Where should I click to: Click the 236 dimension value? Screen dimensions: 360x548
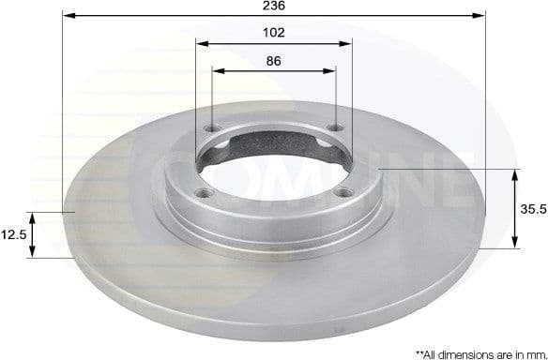point(274,6)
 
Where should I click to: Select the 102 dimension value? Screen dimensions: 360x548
point(274,32)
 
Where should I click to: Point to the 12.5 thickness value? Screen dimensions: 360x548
point(13,234)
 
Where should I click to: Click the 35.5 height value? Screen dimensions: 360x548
point(532,209)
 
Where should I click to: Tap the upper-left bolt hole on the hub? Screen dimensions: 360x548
point(210,130)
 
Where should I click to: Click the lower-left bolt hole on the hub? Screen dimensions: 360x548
point(201,193)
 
